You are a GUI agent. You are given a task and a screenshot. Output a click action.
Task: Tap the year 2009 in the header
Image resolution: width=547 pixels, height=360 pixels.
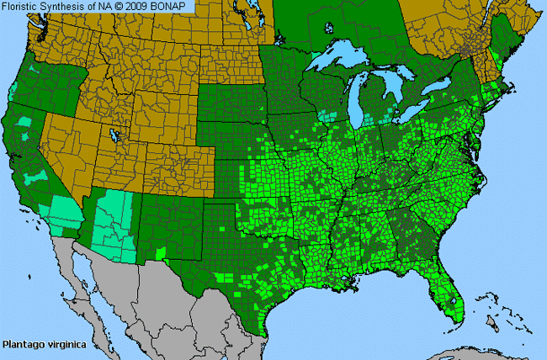tap(145, 6)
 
